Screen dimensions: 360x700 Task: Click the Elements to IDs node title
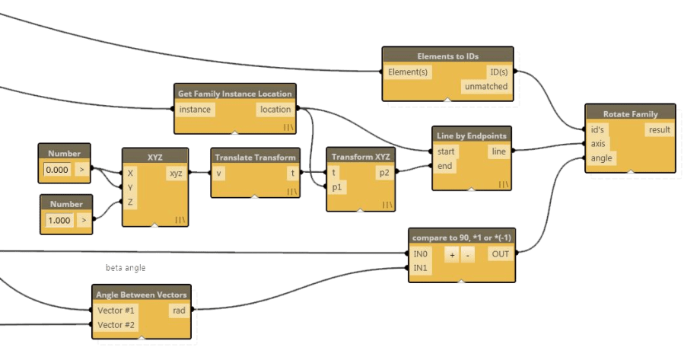click(x=448, y=56)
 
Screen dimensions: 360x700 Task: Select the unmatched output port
click(x=486, y=87)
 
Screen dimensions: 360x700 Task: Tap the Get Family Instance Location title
click(x=234, y=93)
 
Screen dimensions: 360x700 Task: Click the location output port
click(x=275, y=110)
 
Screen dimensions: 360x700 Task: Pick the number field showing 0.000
click(x=57, y=170)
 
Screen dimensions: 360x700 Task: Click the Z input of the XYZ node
click(x=131, y=202)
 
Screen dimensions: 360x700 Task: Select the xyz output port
click(x=175, y=174)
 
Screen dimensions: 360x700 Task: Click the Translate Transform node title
click(x=255, y=157)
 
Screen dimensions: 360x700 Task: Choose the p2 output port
click(x=383, y=173)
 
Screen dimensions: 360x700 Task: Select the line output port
click(x=498, y=151)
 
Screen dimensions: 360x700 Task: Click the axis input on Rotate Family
click(x=598, y=144)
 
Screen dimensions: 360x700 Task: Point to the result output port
click(x=659, y=129)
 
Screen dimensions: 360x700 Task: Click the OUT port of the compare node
click(x=500, y=254)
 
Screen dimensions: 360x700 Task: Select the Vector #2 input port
click(x=115, y=325)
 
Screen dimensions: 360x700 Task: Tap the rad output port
click(x=180, y=310)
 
